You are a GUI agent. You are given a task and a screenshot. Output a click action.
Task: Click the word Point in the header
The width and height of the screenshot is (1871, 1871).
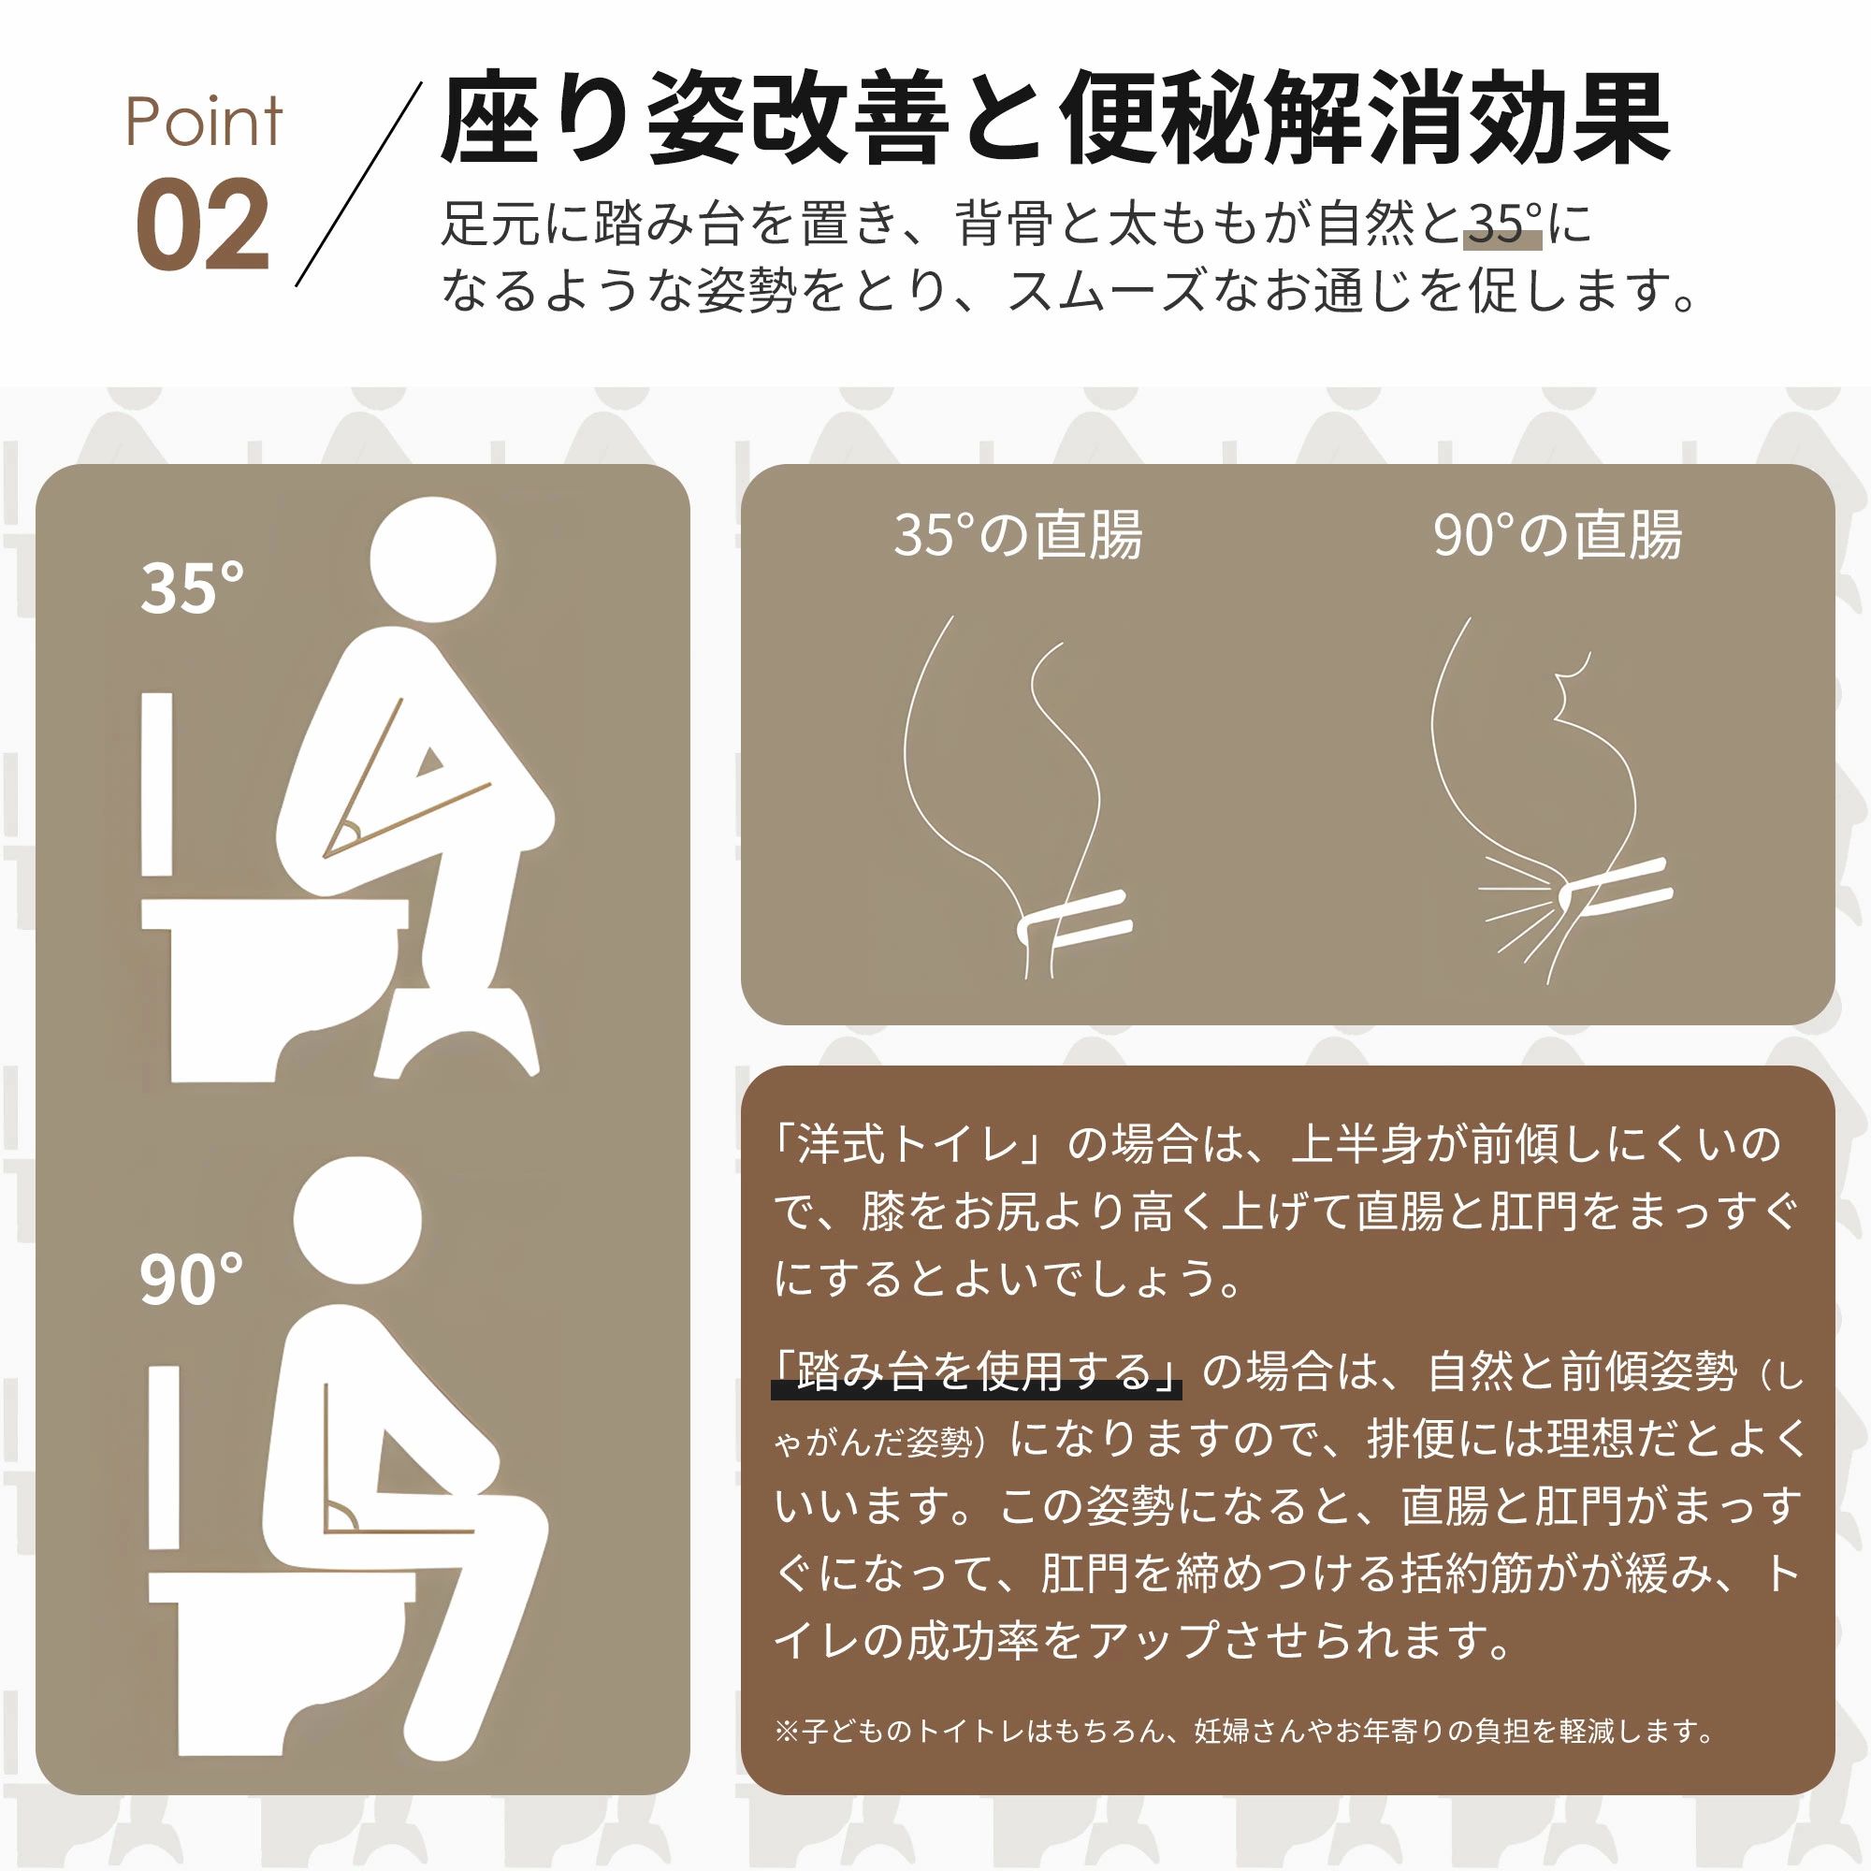tap(203, 122)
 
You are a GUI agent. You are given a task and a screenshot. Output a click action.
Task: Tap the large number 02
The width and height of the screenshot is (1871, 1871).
tap(201, 225)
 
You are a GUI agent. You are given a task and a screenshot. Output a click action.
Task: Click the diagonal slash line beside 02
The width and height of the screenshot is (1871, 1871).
tap(358, 184)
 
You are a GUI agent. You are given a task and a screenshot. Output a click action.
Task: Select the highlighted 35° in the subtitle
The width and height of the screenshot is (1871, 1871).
tap(1502, 225)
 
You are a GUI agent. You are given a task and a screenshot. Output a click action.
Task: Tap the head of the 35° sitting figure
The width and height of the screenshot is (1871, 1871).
tap(433, 559)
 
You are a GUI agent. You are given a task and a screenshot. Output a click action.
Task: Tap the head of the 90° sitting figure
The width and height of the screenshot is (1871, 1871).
tap(358, 1222)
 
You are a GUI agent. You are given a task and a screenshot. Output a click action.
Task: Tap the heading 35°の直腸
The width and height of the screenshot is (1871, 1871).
tap(1018, 533)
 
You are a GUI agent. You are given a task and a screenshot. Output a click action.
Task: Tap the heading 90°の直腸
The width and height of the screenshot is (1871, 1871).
tap(1558, 533)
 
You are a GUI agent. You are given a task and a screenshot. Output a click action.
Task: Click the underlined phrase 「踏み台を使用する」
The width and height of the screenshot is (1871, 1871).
tap(976, 1371)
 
